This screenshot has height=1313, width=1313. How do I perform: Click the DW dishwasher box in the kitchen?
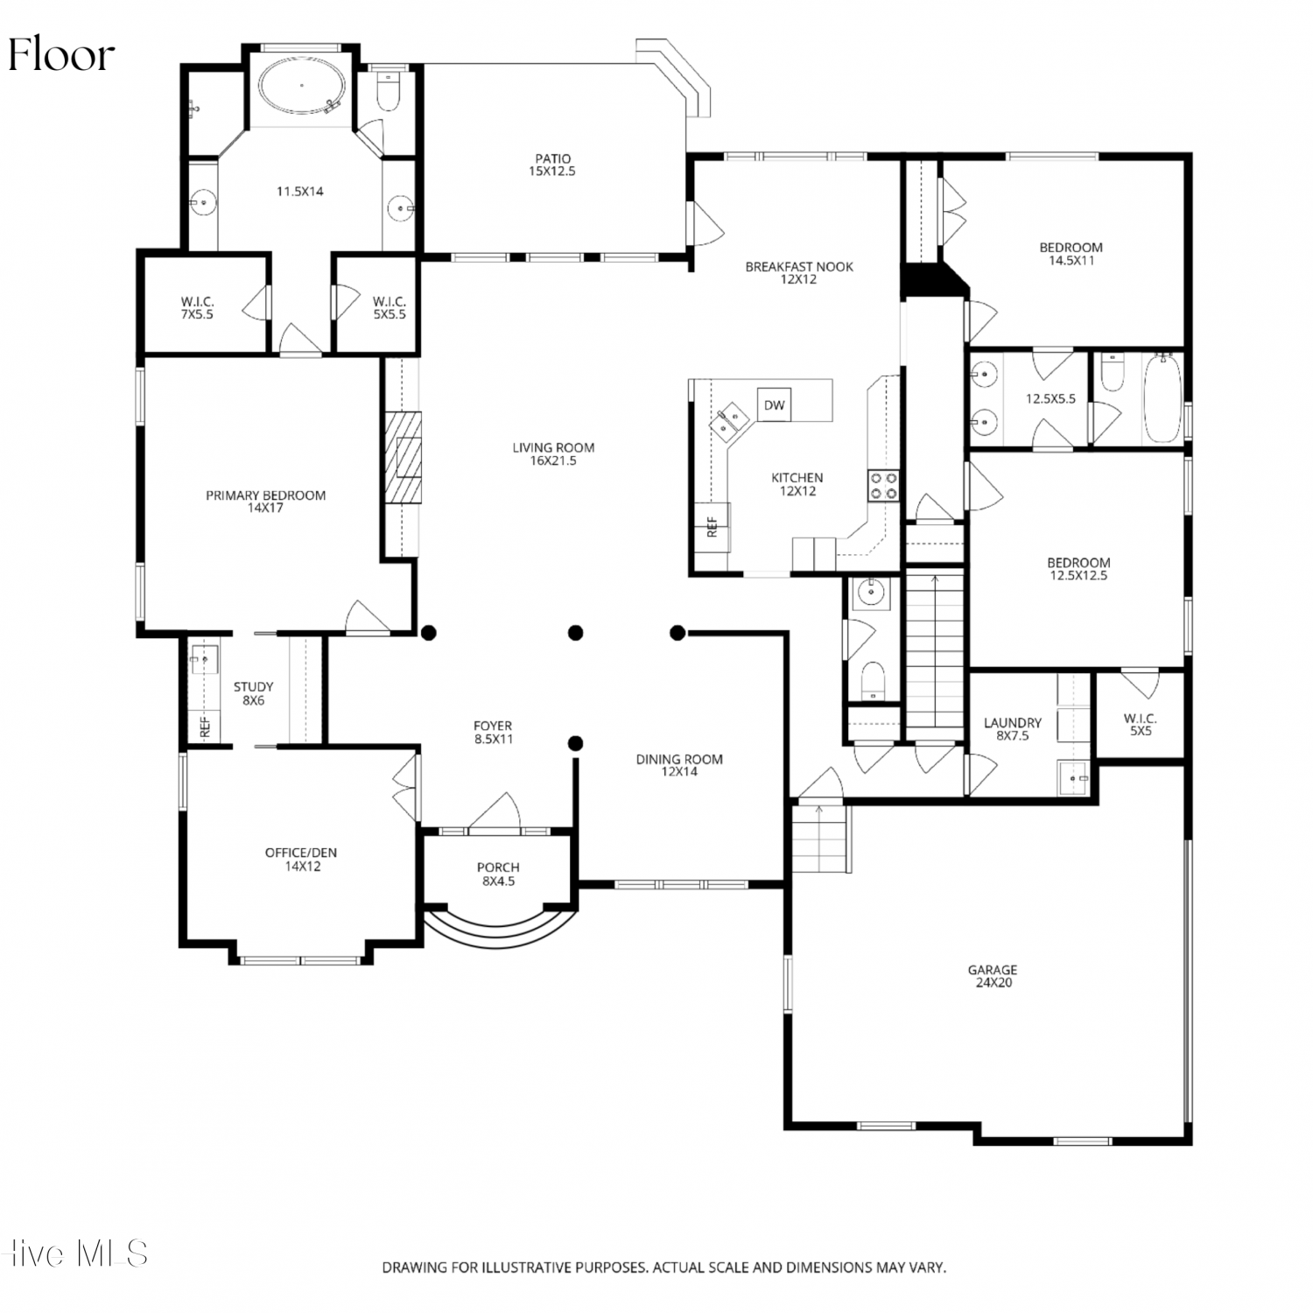774,404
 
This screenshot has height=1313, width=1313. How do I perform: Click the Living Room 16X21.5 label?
553,454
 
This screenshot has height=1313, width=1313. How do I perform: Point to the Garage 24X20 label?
993,976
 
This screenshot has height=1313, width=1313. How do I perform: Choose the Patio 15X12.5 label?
552,165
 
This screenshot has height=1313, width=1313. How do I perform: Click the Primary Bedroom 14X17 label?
265,502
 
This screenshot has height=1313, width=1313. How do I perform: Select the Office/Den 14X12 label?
301,860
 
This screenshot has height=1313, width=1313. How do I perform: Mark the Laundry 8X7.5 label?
1013,729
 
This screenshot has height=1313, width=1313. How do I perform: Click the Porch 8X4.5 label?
499,874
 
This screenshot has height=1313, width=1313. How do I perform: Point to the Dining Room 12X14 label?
679,766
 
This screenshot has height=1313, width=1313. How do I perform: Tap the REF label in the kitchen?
712,526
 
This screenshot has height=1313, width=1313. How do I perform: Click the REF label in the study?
205,727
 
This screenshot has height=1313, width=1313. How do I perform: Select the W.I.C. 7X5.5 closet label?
197,308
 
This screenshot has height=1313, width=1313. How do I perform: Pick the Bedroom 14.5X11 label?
1071,254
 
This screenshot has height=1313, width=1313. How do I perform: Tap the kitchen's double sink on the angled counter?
728,422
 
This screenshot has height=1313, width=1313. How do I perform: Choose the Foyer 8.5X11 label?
493,732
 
